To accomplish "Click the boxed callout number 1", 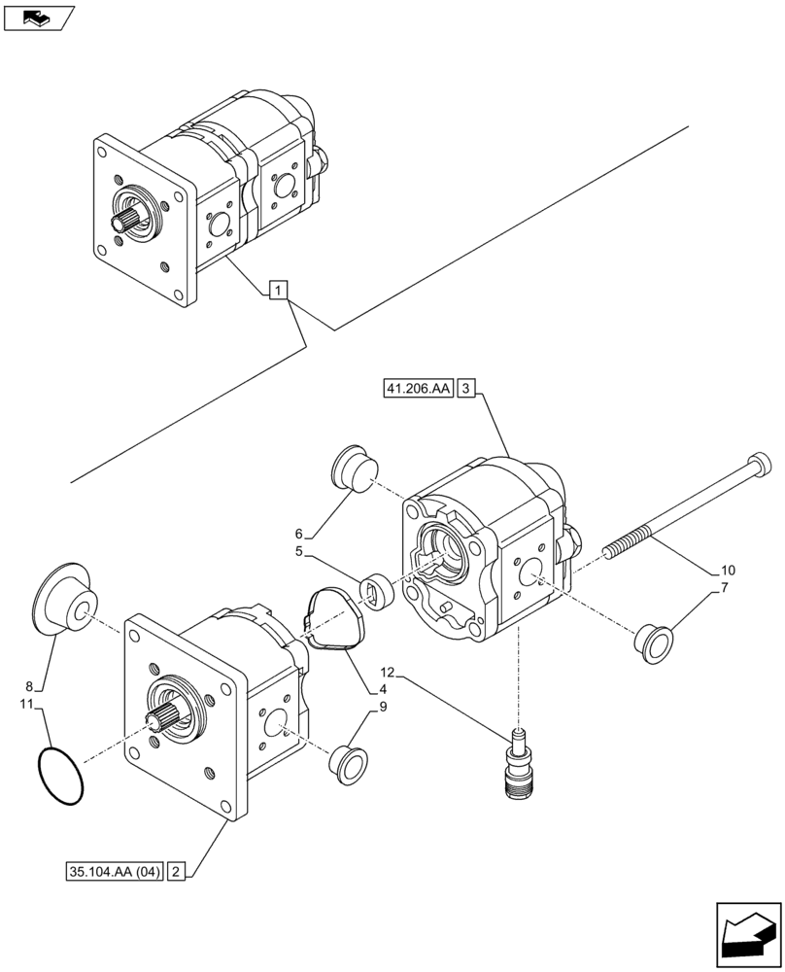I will pyautogui.click(x=278, y=290).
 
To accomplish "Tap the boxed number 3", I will pyautogui.click(x=466, y=390).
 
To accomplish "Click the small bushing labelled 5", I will pyautogui.click(x=375, y=590).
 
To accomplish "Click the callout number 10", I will pyautogui.click(x=729, y=569).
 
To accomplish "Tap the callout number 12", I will pyautogui.click(x=388, y=672).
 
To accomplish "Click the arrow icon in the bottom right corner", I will pyautogui.click(x=747, y=937).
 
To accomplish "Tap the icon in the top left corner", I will pyautogui.click(x=37, y=17).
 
